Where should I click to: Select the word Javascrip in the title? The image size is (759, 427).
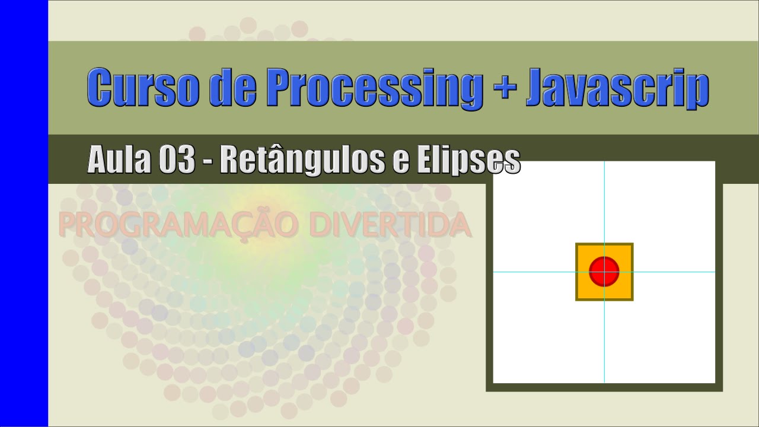pyautogui.click(x=617, y=88)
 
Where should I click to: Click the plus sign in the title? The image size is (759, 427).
pyautogui.click(x=505, y=88)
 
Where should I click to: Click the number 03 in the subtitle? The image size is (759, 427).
pyautogui.click(x=176, y=160)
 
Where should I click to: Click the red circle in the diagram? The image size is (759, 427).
pyautogui.click(x=604, y=272)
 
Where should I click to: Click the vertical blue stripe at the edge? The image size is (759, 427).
pyautogui.click(x=24, y=213)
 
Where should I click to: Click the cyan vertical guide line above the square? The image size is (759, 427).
pyautogui.click(x=604, y=202)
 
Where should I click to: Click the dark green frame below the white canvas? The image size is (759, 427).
pyautogui.click(x=604, y=387)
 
